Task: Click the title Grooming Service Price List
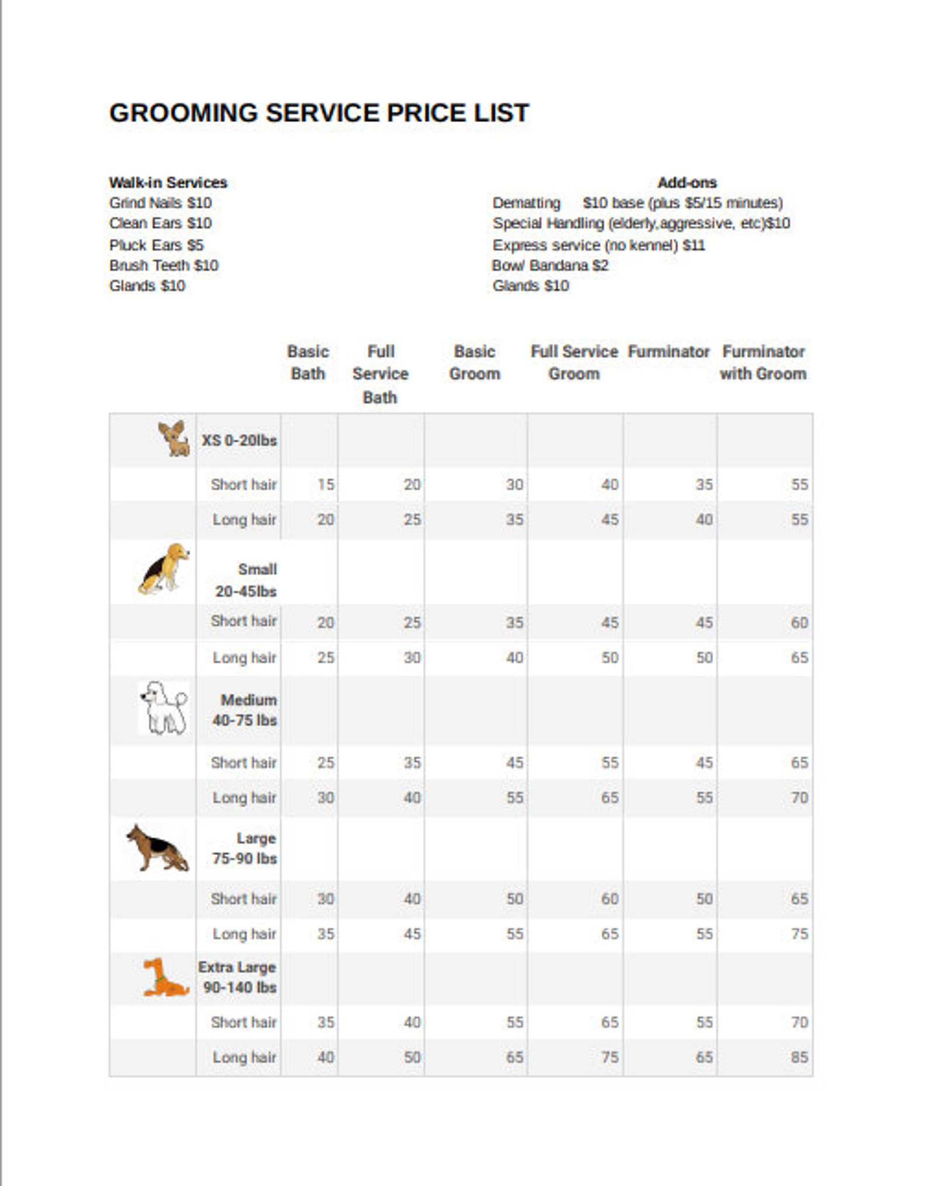(318, 113)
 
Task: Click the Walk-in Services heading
(168, 182)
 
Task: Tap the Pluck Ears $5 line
(156, 245)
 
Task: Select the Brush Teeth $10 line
(164, 265)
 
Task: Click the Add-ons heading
(687, 182)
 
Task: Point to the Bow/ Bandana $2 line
(550, 265)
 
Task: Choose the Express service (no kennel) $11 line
(598, 245)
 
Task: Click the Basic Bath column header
(308, 362)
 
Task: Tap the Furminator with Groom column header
(763, 362)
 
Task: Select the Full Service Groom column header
(574, 362)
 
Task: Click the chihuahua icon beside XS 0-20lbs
(174, 438)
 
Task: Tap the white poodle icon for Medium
(164, 707)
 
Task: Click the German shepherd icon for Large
(158, 848)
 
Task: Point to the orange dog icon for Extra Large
(164, 977)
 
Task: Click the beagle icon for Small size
(164, 568)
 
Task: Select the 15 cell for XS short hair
(325, 485)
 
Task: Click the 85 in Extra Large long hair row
(799, 1057)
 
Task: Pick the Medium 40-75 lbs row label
(245, 710)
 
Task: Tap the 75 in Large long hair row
(799, 933)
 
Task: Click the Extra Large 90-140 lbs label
(237, 977)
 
